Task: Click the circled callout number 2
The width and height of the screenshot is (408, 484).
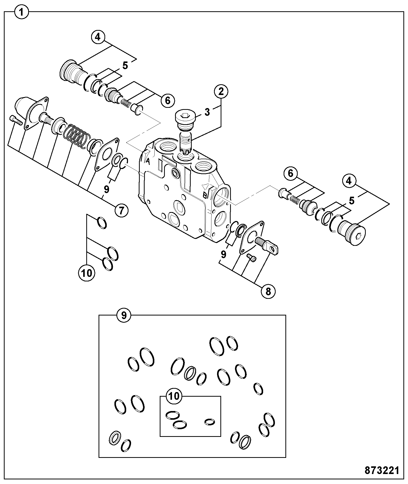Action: click(221, 91)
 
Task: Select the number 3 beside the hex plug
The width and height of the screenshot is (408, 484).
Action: click(207, 112)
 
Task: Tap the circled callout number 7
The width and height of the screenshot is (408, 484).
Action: click(121, 211)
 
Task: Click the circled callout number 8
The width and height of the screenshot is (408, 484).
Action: click(268, 291)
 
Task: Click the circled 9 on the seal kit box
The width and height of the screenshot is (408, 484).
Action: click(124, 315)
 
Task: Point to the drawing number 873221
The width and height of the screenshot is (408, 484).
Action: click(382, 470)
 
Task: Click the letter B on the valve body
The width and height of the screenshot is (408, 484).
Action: click(205, 195)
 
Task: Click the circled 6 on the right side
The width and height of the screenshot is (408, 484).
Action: click(291, 173)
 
